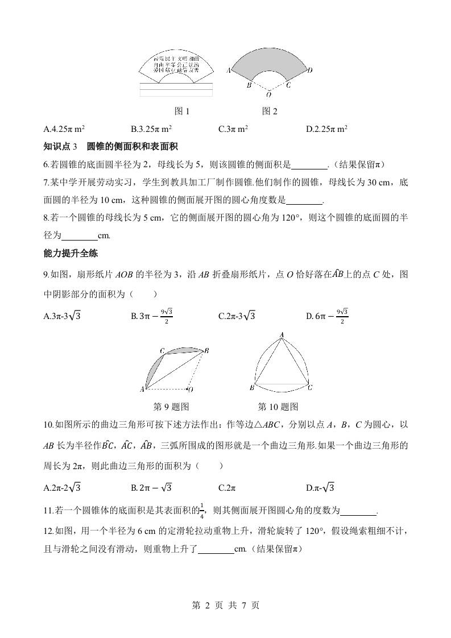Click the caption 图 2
(269, 111)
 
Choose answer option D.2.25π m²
(326, 129)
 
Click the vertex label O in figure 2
(268, 95)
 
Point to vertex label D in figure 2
(309, 71)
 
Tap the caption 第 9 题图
(171, 407)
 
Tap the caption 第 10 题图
(278, 407)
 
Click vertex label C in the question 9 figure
(162, 351)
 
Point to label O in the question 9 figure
(191, 390)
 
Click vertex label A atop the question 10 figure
(281, 335)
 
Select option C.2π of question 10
(227, 487)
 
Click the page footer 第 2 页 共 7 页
(225, 606)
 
